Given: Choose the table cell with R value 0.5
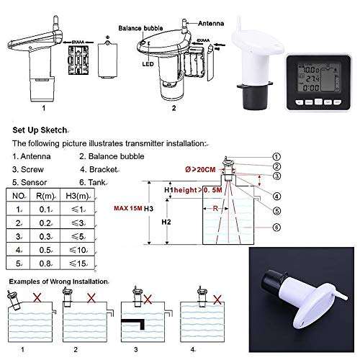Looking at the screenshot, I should [x=48, y=249].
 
